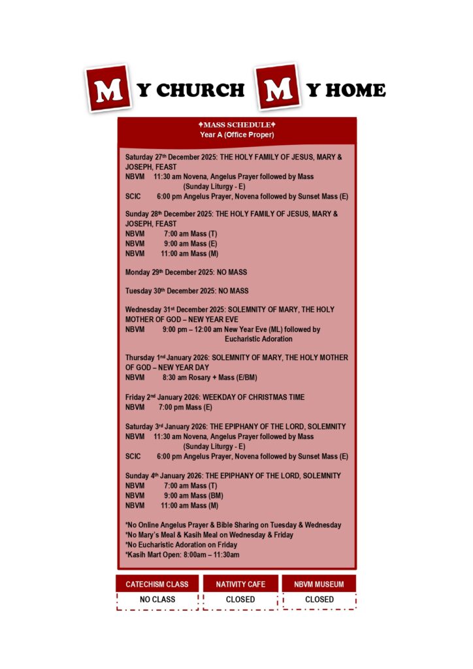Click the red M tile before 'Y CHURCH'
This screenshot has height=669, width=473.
(108, 88)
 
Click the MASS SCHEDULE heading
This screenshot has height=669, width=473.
(237, 125)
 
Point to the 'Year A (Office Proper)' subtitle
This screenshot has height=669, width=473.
(237, 135)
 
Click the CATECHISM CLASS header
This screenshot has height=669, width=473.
(157, 584)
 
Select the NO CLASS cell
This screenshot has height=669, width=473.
(157, 599)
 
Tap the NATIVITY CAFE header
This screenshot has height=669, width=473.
(240, 584)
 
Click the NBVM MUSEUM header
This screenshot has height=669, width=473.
(319, 584)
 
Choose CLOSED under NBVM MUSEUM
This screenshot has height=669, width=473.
(319, 599)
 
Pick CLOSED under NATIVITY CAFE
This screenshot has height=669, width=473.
(240, 599)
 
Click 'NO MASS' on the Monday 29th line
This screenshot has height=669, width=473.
(231, 272)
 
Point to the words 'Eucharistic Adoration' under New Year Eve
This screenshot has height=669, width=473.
(259, 339)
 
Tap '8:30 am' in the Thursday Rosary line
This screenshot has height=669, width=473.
(175, 378)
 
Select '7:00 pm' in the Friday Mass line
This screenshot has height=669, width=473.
(171, 407)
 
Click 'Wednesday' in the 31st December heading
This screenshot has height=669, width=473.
(144, 310)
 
